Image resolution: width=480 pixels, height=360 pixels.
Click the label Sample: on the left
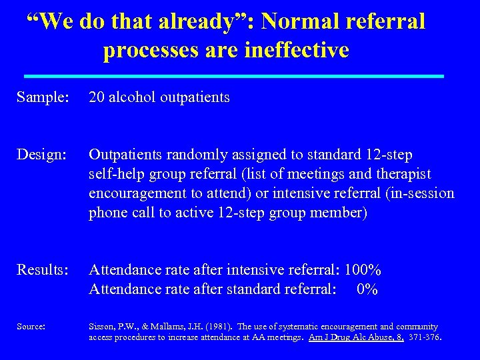43,97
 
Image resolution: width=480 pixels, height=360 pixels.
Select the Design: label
41,155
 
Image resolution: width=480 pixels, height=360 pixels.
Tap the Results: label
43,270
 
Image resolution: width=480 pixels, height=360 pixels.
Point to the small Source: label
31,327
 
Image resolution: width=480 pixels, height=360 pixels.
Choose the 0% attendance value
367,289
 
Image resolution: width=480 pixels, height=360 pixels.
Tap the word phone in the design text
108,213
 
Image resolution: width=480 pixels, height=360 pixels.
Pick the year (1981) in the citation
202,327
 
